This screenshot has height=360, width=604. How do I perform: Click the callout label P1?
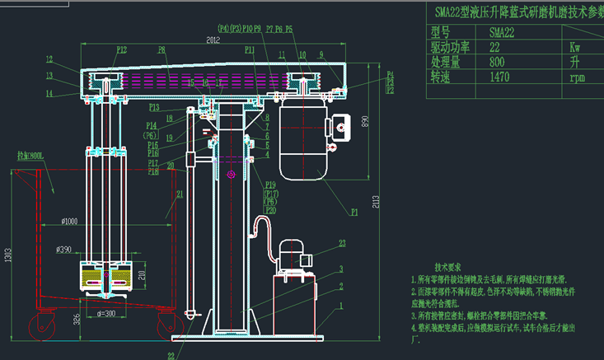355,212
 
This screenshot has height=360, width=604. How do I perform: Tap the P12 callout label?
121,50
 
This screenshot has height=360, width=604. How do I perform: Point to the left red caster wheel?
41,326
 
